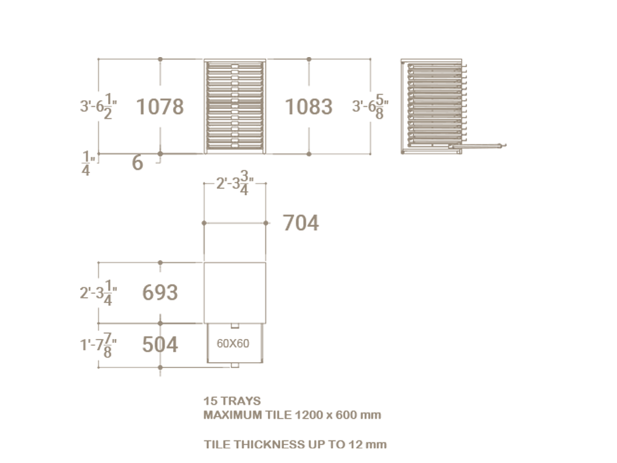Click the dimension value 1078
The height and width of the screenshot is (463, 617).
point(160,107)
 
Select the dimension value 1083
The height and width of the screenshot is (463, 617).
point(308,107)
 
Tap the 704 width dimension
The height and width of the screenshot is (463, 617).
point(301,223)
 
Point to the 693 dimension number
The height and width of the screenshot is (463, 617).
point(160,293)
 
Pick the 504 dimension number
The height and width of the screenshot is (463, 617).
point(160,344)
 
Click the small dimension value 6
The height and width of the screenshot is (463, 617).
point(137,163)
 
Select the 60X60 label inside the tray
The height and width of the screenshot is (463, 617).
point(233,344)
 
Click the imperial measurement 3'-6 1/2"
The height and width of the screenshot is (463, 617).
point(98,106)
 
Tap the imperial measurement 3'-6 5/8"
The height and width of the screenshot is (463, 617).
point(370,106)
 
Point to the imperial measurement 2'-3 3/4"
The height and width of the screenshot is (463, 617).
point(235,183)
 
